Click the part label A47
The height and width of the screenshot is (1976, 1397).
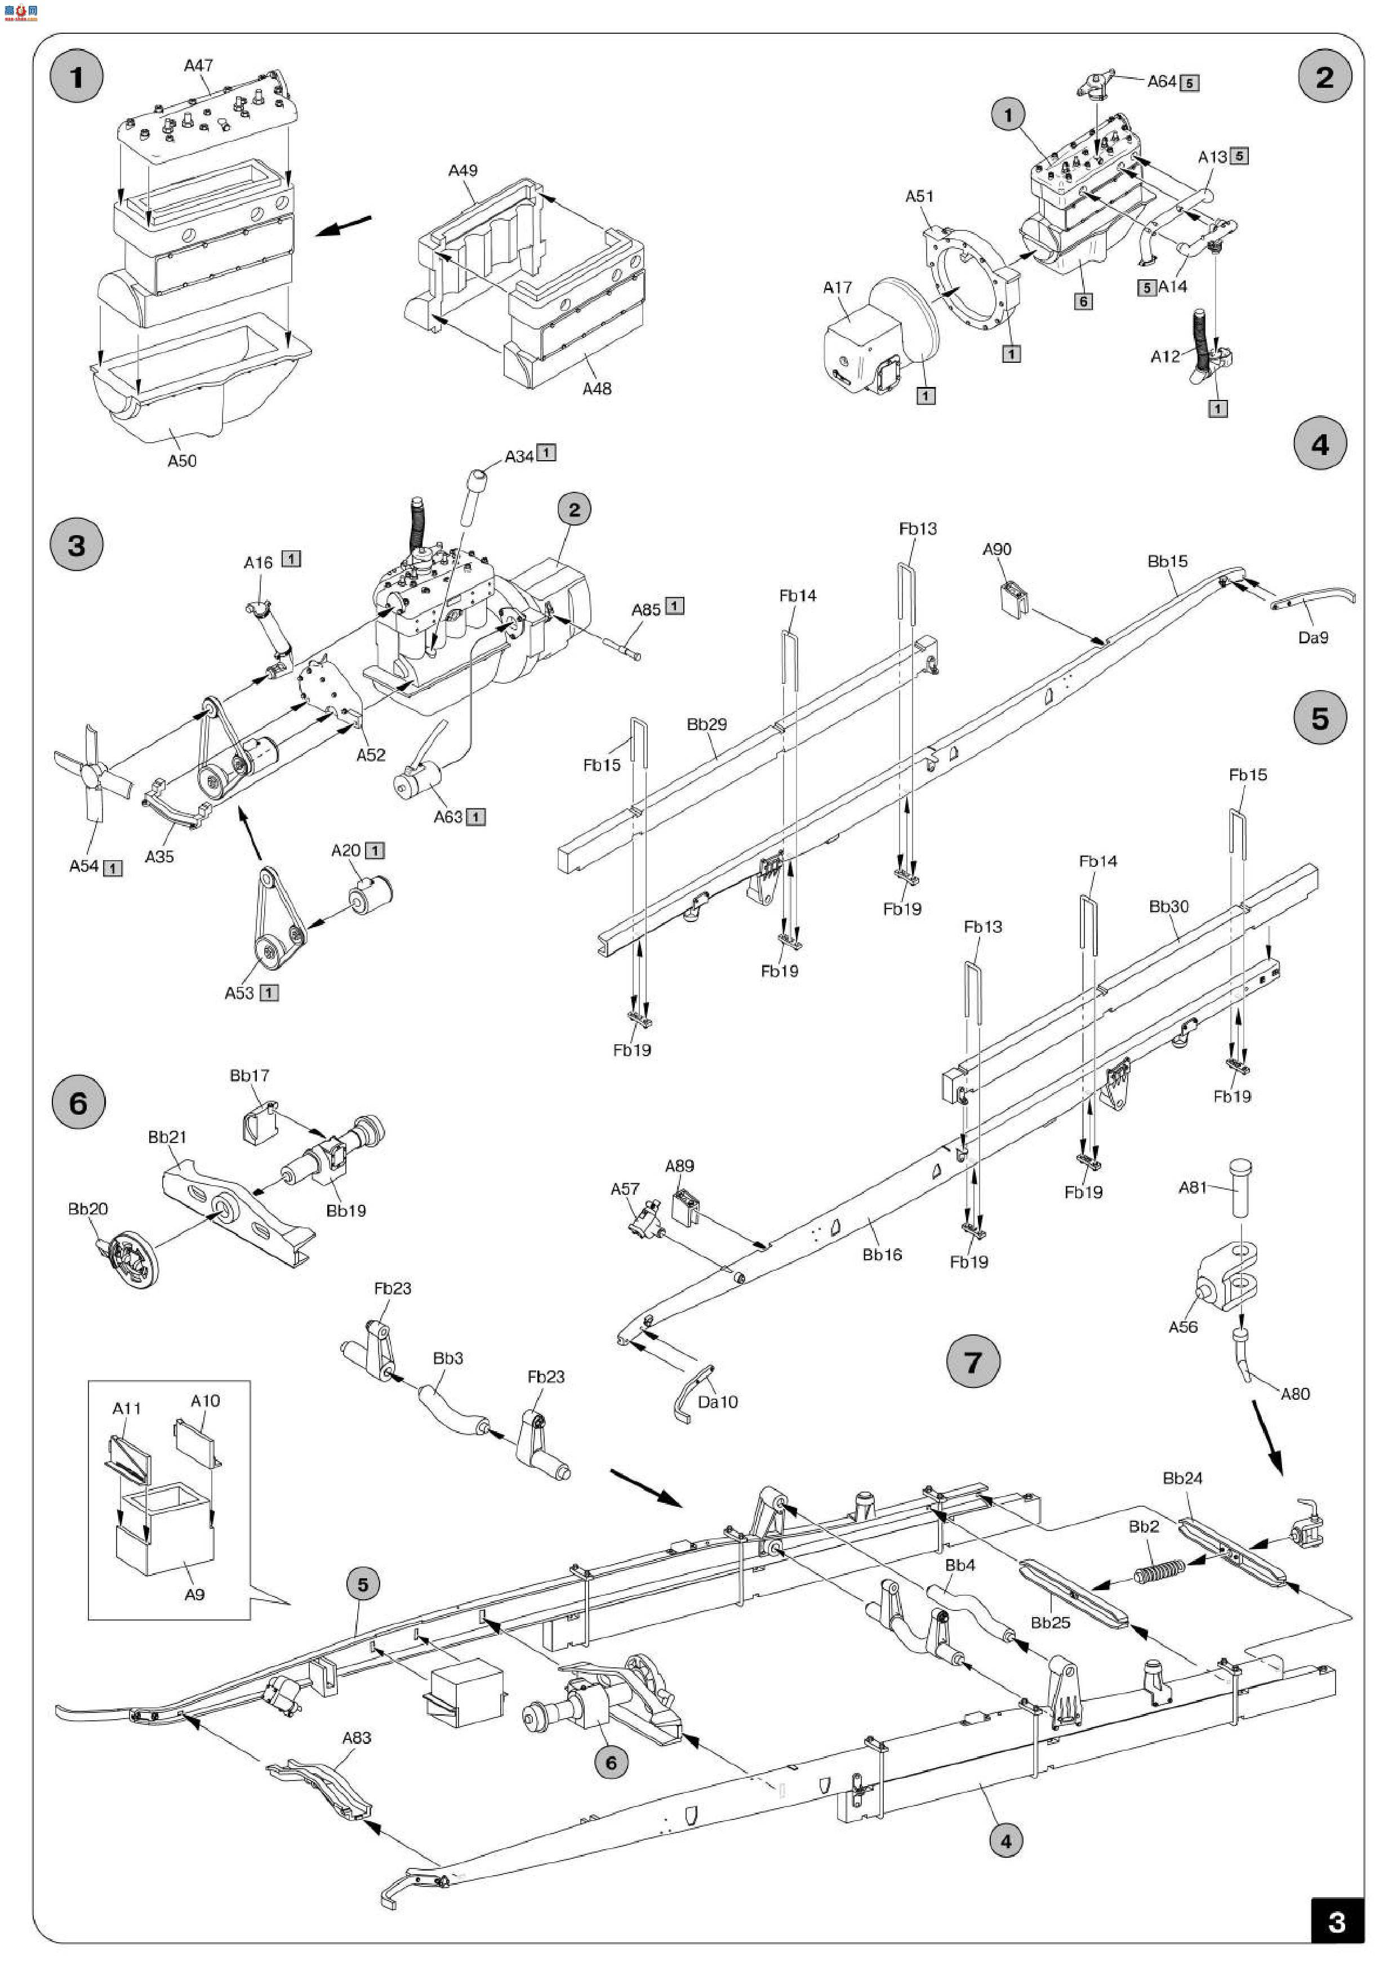tap(198, 65)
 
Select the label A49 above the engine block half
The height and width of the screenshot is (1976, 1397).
tap(462, 171)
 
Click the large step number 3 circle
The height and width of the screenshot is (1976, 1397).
tap(77, 545)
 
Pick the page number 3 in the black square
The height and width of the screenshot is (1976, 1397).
tap(1336, 1922)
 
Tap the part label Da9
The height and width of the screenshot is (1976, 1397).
tap(1313, 638)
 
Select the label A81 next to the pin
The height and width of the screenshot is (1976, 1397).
tap(1192, 1187)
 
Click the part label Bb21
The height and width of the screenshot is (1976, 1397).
tap(167, 1137)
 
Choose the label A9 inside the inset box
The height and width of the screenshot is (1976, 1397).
tap(194, 1594)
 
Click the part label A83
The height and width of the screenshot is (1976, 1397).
tap(357, 1738)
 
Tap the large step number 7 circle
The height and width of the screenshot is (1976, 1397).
tap(973, 1363)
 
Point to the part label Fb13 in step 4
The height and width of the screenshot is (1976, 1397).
tap(918, 528)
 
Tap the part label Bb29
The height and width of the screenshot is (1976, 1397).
tap(706, 724)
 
